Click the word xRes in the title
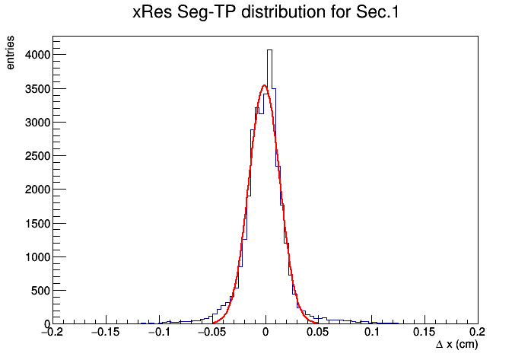click(152, 12)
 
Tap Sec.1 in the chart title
click(377, 12)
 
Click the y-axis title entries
click(11, 53)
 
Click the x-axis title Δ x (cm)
click(457, 345)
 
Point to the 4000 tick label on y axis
click(37, 55)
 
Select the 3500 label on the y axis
click(37, 89)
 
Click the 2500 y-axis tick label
click(37, 156)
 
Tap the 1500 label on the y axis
click(37, 224)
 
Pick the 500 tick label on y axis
click(40, 291)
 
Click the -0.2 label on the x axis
click(52, 333)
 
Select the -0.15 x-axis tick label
click(105, 333)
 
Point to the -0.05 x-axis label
click(211, 333)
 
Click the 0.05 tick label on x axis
click(317, 333)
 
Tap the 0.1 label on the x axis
click(372, 333)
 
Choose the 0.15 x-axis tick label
click(424, 333)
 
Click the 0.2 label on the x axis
click(478, 333)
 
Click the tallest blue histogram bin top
click(269, 50)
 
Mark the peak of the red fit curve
click(265, 85)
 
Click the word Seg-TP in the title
click(207, 13)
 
